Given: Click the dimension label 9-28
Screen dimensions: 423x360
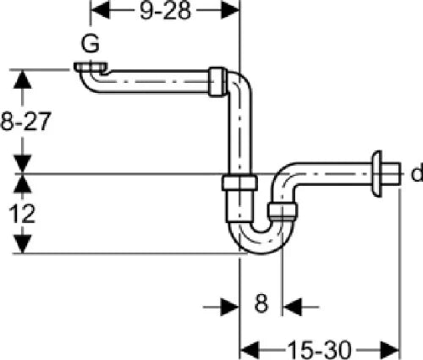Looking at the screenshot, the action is pos(165,11).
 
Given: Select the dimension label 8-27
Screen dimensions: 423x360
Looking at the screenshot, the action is pos(26,122).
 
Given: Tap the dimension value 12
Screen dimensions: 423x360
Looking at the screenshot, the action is pos(22,214).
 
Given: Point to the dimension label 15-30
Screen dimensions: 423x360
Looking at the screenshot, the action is pos(319,350).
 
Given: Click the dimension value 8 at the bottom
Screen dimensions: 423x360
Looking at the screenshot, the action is pos(261,304).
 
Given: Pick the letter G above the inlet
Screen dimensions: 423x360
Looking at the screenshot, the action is pos(91,44).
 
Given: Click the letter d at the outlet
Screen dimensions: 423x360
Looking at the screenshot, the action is pos(417,173).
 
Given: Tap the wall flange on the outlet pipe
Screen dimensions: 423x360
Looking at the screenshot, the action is pos(376,174).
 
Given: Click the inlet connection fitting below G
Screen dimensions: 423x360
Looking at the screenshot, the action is pos(91,68).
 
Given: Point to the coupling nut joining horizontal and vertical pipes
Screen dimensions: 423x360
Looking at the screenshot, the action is pos(217,82).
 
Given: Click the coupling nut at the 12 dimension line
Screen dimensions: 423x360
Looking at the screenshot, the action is pos(239,183).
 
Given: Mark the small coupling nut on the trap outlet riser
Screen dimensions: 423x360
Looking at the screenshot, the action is pos(283,211).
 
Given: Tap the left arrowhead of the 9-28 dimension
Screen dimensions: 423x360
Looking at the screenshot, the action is pos(101,11).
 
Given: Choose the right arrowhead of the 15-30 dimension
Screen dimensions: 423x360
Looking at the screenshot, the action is pos(390,350).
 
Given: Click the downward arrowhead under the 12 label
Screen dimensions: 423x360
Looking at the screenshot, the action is pos(23,244).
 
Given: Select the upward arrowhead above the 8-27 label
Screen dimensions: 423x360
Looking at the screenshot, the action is pos(23,79).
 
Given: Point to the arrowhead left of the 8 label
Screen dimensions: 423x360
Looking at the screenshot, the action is pos(230,307).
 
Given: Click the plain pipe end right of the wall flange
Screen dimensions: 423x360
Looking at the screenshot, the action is pos(392,174).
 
